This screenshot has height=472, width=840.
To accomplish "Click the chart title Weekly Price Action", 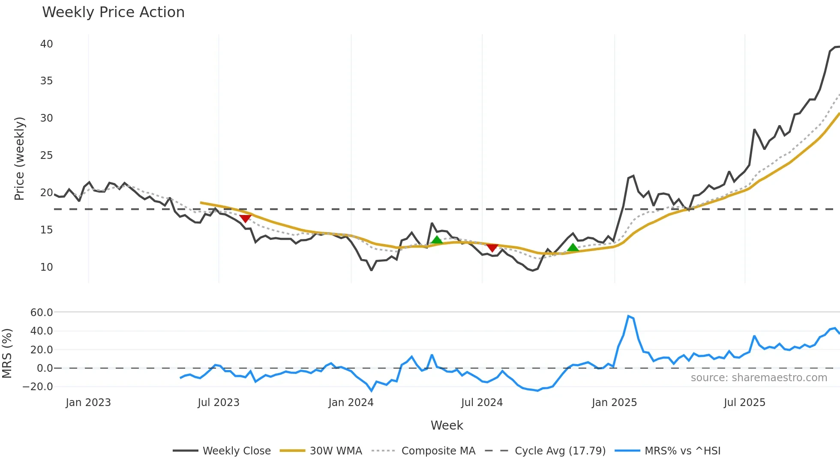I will [x=113, y=12].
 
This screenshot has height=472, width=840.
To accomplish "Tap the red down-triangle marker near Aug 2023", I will [x=245, y=219].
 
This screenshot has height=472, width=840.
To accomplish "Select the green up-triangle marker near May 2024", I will [x=437, y=240].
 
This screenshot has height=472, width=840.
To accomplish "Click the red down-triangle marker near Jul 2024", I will [x=492, y=248].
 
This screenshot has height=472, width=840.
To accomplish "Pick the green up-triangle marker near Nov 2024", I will [x=573, y=247].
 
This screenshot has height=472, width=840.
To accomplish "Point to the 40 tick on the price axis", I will [x=46, y=44].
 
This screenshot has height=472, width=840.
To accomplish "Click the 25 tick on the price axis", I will [x=46, y=155].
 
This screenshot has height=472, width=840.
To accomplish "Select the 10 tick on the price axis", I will [x=46, y=267].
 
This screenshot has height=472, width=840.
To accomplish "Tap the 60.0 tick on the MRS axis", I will [x=42, y=313].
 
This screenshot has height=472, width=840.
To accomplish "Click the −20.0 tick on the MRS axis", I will [x=38, y=387].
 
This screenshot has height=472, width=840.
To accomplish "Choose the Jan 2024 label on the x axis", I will [x=351, y=403].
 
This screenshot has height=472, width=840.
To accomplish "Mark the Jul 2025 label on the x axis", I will [x=744, y=403].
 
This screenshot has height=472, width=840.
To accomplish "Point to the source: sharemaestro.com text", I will [x=759, y=378].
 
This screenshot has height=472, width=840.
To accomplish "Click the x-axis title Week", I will [x=447, y=425].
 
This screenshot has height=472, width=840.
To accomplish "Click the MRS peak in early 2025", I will [x=628, y=316].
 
